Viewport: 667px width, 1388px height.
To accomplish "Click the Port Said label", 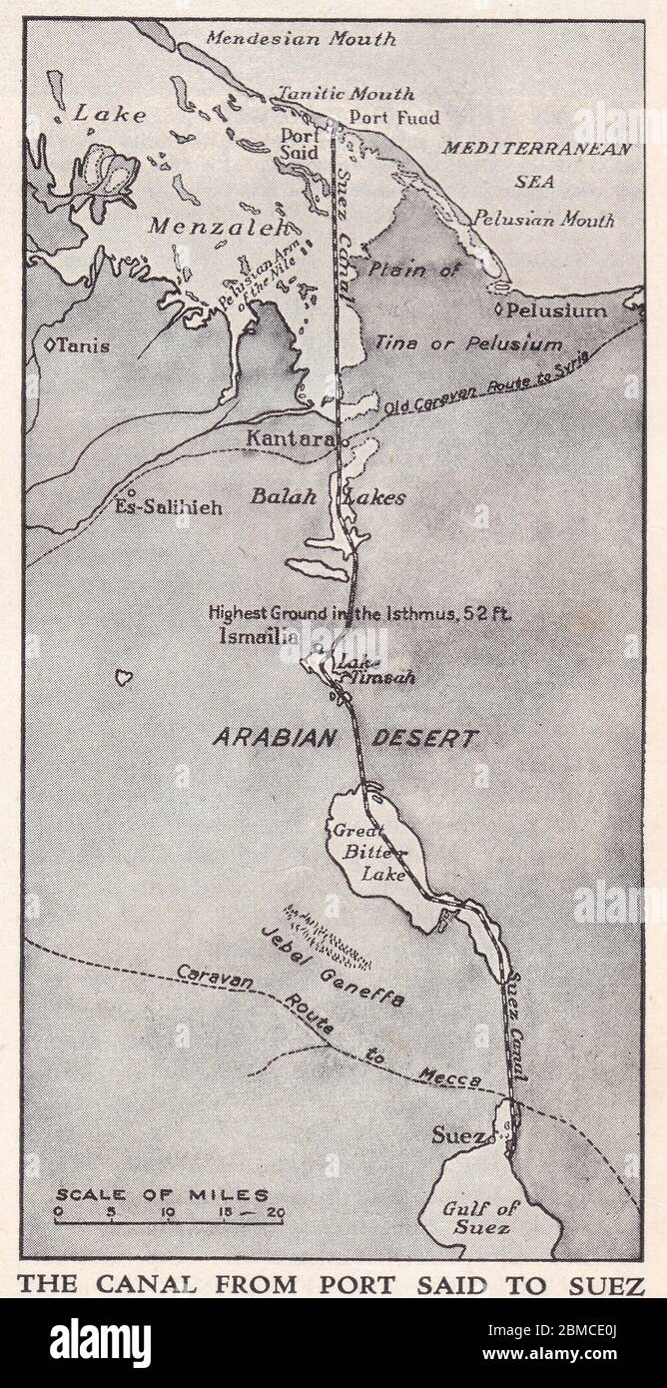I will tap(300, 144).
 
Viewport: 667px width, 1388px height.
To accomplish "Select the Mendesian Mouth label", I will tap(301, 40).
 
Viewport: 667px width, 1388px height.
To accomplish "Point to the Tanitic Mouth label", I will tap(345, 94).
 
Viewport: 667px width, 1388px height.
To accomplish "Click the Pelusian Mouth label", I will tap(544, 219).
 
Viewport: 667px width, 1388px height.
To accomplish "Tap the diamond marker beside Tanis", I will tap(50, 347).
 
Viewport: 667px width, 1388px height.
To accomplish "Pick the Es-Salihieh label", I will tap(169, 506).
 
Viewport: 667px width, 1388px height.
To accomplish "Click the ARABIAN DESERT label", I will tap(344, 739).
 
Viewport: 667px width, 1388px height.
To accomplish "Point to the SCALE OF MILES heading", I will tap(162, 1194).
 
